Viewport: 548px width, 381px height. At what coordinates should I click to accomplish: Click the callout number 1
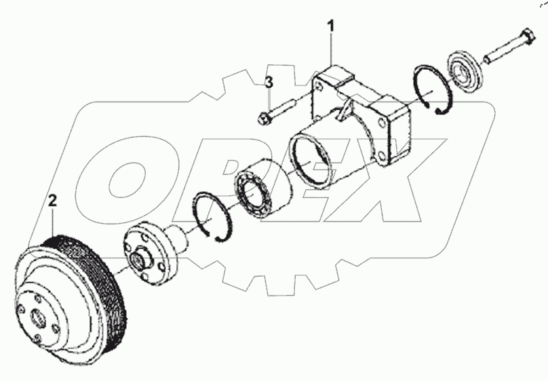332,27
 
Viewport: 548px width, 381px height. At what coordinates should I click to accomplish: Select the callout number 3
269,83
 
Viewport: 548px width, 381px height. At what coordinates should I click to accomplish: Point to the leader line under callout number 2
52,220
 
